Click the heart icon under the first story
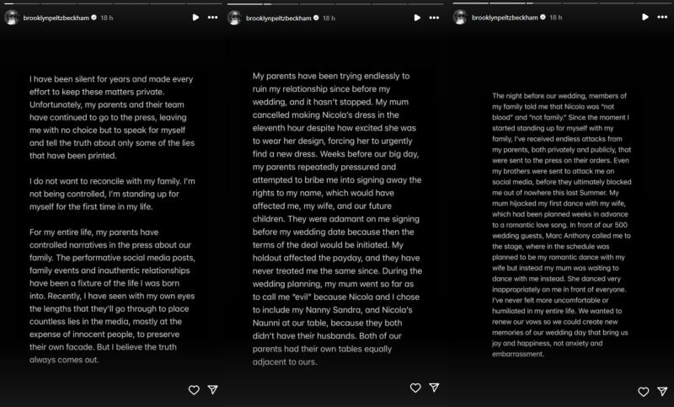pos(194,389)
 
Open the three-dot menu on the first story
pos(213,17)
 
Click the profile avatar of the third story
pos(460,17)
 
